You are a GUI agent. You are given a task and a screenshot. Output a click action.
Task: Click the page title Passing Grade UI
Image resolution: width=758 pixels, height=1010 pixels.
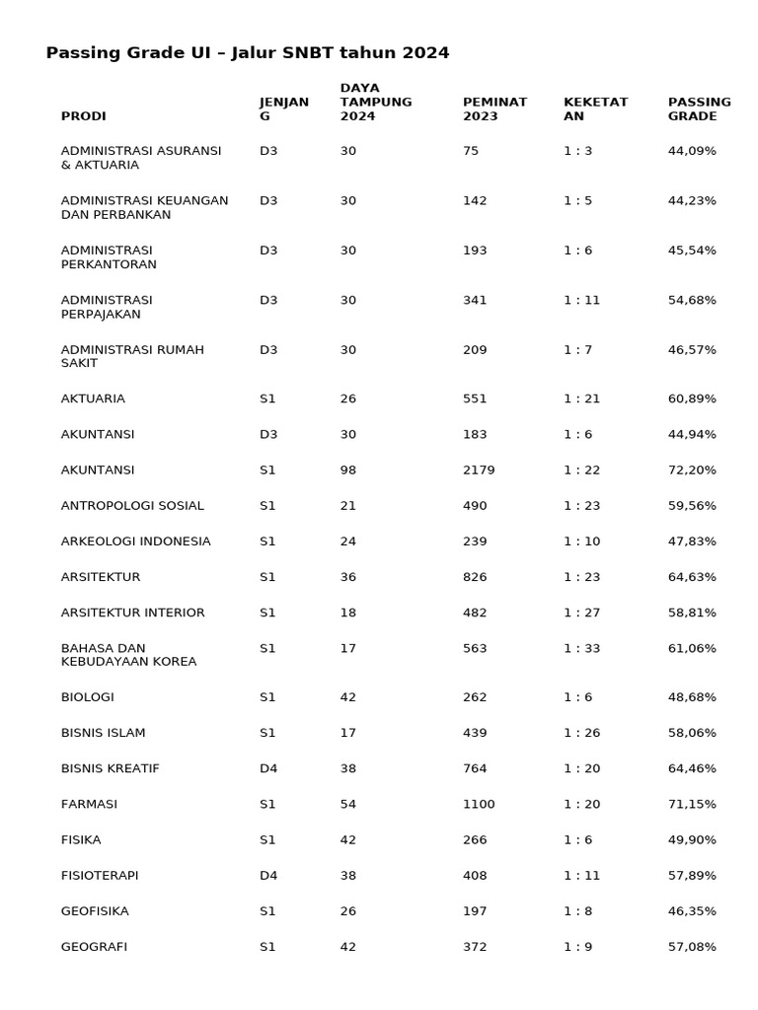(x=247, y=53)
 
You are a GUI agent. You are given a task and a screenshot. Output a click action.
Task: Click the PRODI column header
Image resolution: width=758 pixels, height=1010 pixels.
(x=83, y=116)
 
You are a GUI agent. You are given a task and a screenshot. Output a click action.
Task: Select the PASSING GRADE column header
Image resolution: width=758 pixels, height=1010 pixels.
(x=699, y=108)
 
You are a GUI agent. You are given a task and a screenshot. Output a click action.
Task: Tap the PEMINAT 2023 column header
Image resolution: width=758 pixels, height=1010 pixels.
(x=494, y=108)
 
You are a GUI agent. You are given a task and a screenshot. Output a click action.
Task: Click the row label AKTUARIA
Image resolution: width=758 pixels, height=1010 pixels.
(x=93, y=398)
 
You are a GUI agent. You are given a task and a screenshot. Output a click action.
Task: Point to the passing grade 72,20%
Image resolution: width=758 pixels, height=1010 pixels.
(x=692, y=470)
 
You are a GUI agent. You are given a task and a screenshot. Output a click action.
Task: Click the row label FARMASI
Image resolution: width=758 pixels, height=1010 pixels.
(x=89, y=804)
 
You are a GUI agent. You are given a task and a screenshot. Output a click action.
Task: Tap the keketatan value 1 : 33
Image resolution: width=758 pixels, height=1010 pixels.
(x=581, y=648)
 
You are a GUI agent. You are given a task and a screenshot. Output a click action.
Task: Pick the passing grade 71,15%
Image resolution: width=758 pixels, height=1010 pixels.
(x=692, y=804)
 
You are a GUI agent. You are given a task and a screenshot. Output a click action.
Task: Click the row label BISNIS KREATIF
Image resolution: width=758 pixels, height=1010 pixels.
(x=110, y=768)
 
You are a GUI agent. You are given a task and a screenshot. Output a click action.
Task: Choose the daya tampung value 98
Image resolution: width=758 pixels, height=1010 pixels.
(x=347, y=470)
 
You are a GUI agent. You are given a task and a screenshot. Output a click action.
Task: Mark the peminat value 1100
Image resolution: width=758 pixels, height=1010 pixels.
(x=479, y=804)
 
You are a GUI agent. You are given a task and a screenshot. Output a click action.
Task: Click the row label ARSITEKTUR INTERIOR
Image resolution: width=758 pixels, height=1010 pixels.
(x=132, y=613)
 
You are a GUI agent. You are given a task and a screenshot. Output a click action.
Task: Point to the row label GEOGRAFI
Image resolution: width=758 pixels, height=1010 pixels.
(x=94, y=947)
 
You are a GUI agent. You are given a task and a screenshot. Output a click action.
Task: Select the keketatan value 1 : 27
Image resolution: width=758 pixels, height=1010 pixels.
(x=581, y=613)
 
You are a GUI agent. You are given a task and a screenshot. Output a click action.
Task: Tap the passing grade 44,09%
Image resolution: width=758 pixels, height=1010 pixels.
(x=692, y=151)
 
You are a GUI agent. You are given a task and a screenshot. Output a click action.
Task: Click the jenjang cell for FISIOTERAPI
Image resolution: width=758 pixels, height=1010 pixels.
(x=268, y=875)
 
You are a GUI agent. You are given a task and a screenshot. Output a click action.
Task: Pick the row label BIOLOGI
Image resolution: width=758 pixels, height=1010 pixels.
(x=87, y=697)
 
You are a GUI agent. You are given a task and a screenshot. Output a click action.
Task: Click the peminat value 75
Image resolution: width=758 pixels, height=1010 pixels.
(x=471, y=151)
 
